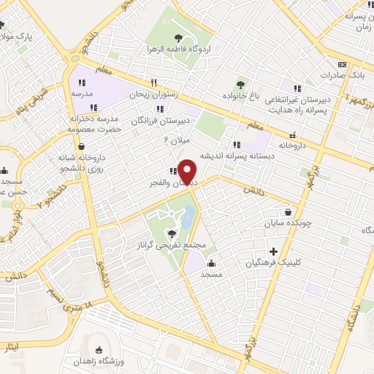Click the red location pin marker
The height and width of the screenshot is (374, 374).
coord(188,171)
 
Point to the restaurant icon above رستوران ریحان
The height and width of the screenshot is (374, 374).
coord(153,83)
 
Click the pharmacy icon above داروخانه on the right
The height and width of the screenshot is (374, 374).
coord(293,134)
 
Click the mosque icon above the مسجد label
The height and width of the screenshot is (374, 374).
coord(212,264)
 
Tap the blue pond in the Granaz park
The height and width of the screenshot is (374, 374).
coord(188,216)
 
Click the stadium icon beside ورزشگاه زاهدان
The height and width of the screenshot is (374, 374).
coord(99,350)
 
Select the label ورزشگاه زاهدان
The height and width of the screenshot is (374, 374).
coord(96,362)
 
